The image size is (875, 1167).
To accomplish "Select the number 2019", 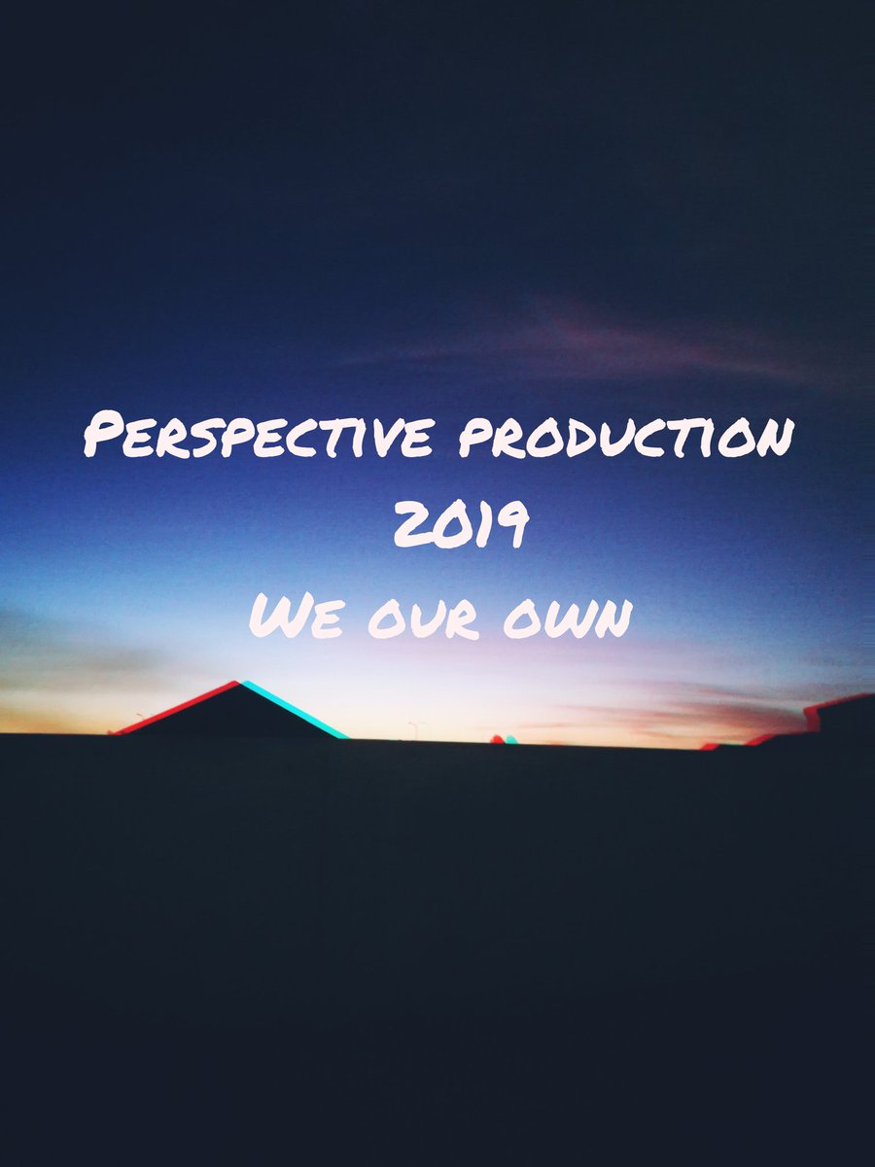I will pos(461,527).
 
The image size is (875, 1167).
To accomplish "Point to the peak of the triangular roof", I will pos(239,683).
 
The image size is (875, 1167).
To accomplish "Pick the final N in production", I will pos(770,438).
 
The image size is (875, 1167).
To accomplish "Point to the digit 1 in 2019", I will pos(484,528).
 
